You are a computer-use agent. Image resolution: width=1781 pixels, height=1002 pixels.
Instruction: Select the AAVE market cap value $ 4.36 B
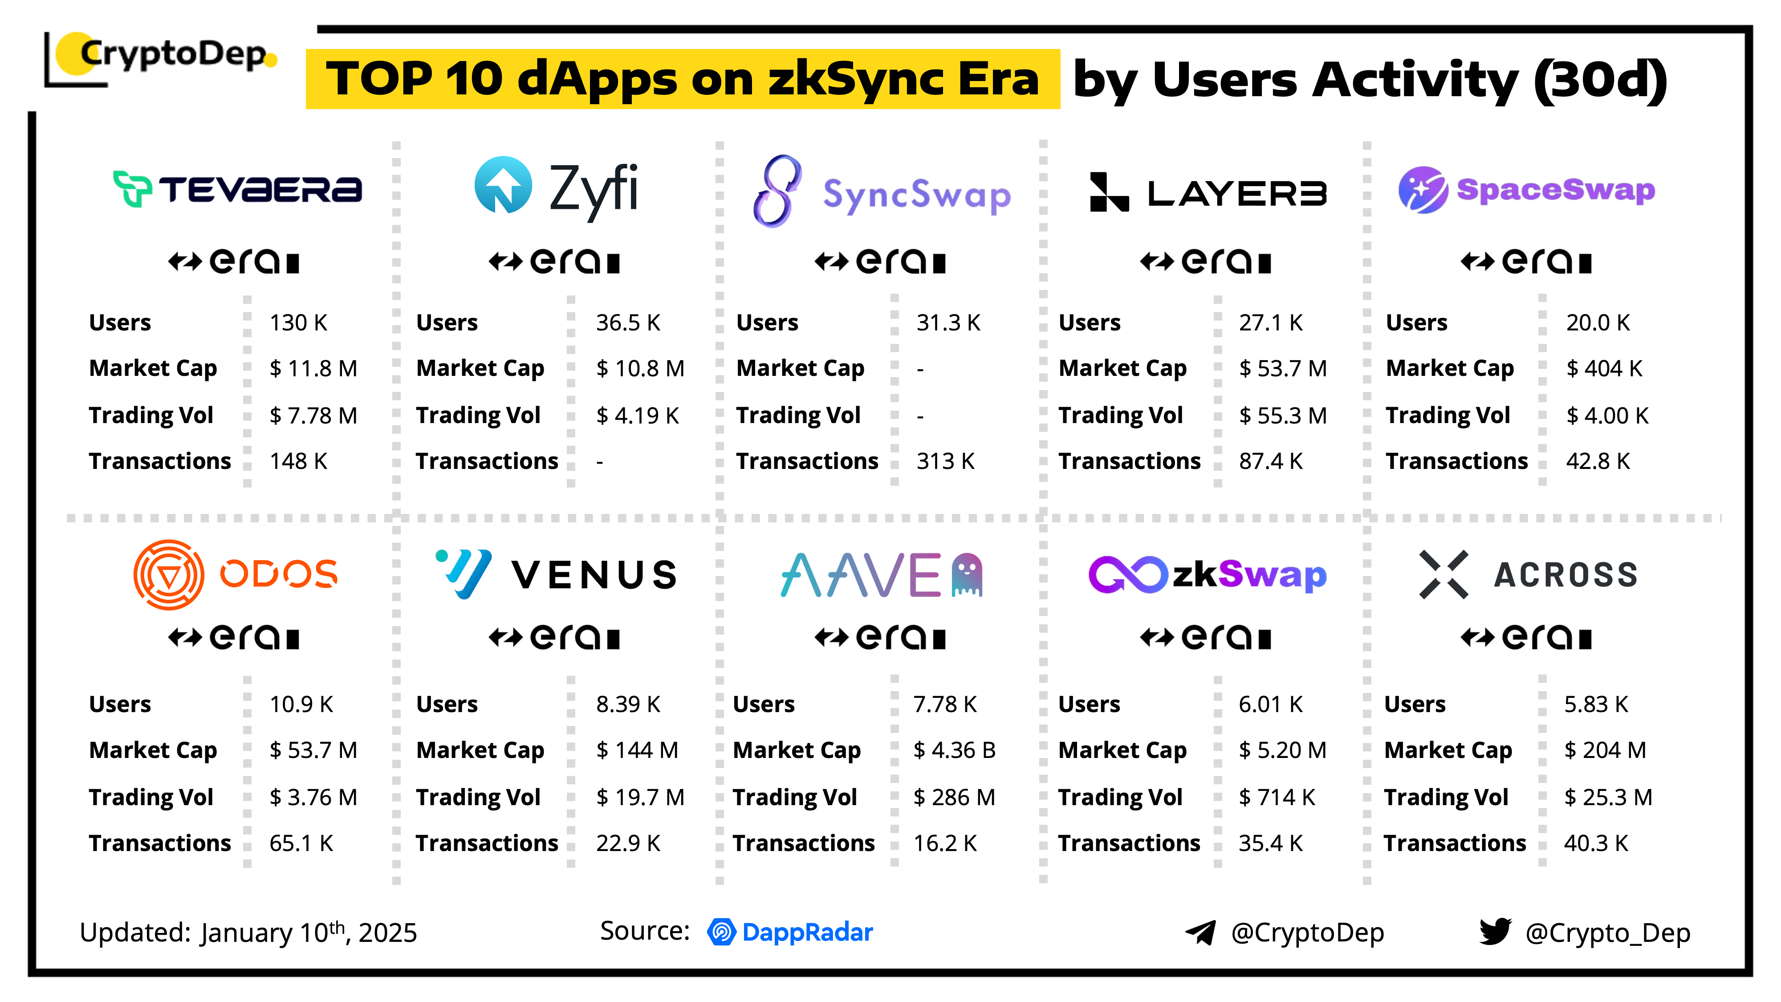pos(954,750)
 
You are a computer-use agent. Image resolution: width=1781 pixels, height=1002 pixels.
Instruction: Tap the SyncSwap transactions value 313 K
pos(945,461)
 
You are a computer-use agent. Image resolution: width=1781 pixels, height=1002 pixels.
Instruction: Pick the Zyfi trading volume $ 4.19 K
pos(638,415)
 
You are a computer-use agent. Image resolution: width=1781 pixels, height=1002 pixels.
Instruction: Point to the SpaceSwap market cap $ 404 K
pos(1603,369)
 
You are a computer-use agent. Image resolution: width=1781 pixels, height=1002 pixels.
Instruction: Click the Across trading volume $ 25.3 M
pos(1607,797)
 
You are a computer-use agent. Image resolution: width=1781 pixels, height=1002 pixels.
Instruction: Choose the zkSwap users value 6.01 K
pos(1270,705)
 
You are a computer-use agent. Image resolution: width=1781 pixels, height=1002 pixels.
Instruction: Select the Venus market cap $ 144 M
pos(637,750)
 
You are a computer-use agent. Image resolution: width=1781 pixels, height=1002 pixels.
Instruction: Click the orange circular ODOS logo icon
pos(169,574)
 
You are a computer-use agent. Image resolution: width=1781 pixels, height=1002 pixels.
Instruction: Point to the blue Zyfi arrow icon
pos(503,185)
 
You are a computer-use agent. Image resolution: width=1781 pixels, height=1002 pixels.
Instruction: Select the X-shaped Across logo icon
pos(1444,574)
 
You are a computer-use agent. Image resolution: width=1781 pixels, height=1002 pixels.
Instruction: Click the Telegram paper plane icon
pos(1201,933)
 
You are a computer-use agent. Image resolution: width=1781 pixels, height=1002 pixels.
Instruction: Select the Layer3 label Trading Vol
pos(1121,415)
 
